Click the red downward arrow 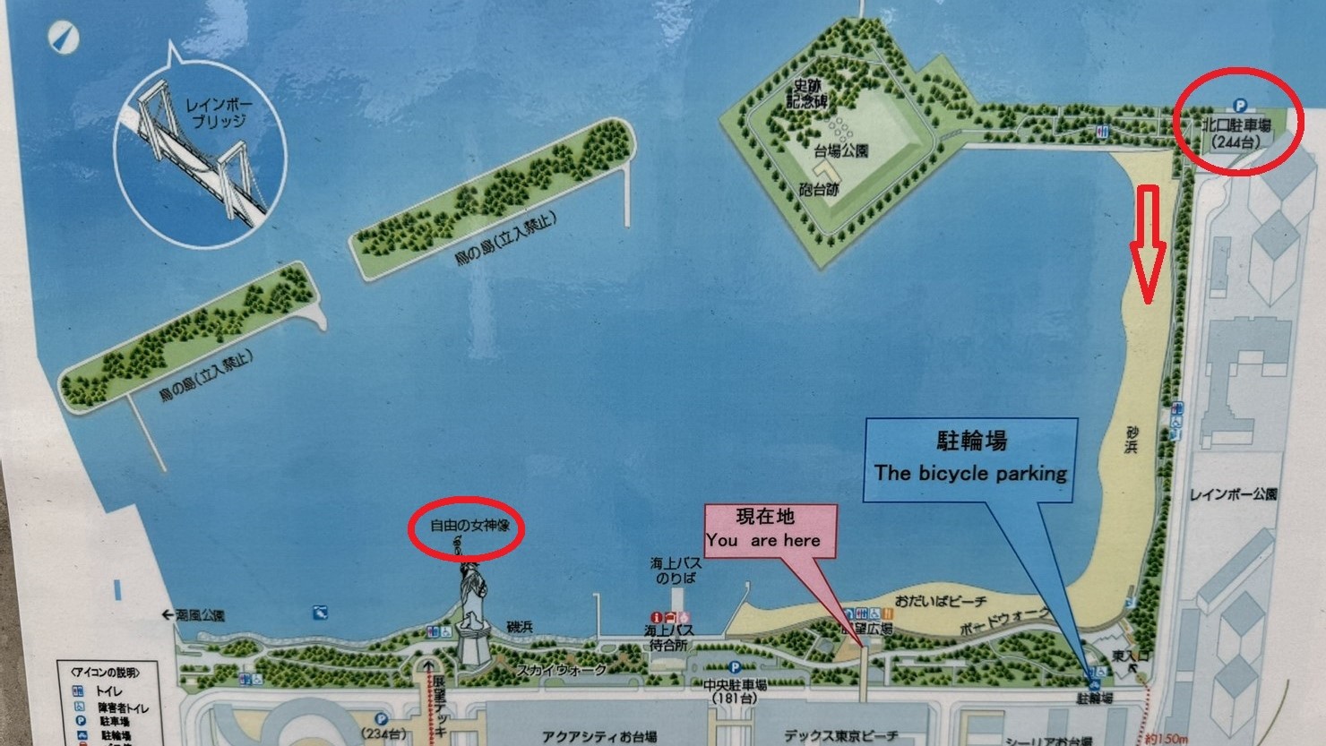click(x=1148, y=244)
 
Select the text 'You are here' click(x=762, y=540)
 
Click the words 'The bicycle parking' click(x=970, y=473)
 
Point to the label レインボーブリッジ click(x=220, y=113)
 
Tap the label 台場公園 click(x=840, y=150)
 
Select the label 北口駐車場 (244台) click(x=1236, y=133)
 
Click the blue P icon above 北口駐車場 click(x=1240, y=105)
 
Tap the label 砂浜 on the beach click(x=1132, y=440)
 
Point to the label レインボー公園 click(x=1233, y=493)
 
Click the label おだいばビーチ click(x=940, y=601)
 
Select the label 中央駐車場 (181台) click(x=735, y=690)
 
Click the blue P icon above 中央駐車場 click(x=735, y=667)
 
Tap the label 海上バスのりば click(x=676, y=570)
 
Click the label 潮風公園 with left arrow click(x=194, y=615)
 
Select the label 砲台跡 click(x=819, y=190)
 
